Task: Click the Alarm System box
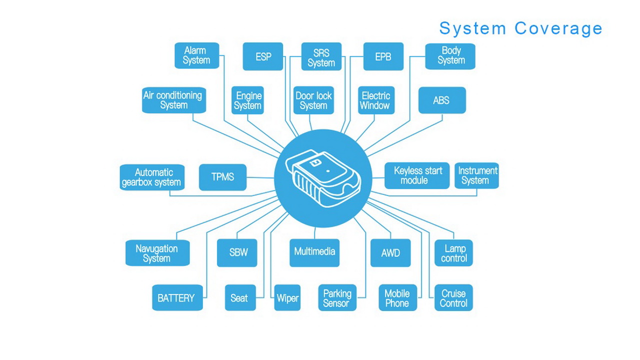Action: (196, 55)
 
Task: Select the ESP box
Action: (263, 56)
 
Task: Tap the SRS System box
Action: (321, 56)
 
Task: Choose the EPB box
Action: (383, 56)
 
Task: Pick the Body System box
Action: (450, 56)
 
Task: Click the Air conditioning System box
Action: (173, 100)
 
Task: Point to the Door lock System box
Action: (313, 100)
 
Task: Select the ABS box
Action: (441, 100)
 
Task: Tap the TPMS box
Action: (222, 177)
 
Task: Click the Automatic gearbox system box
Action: (151, 177)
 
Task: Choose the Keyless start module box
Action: (417, 175)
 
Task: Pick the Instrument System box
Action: (476, 175)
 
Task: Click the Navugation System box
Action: (157, 253)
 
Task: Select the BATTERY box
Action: (176, 298)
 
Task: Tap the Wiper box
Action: (287, 298)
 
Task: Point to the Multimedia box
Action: (314, 252)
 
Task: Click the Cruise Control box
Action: (453, 298)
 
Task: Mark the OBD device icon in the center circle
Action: (322, 178)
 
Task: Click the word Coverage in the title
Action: (558, 28)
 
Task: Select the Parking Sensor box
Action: (337, 298)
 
